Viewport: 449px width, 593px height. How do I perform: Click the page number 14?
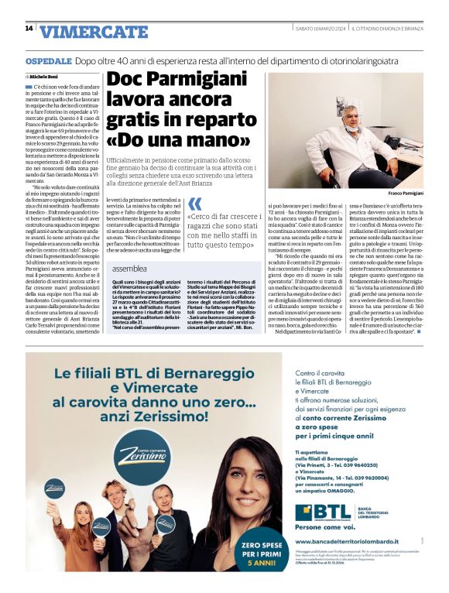tap(29, 29)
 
